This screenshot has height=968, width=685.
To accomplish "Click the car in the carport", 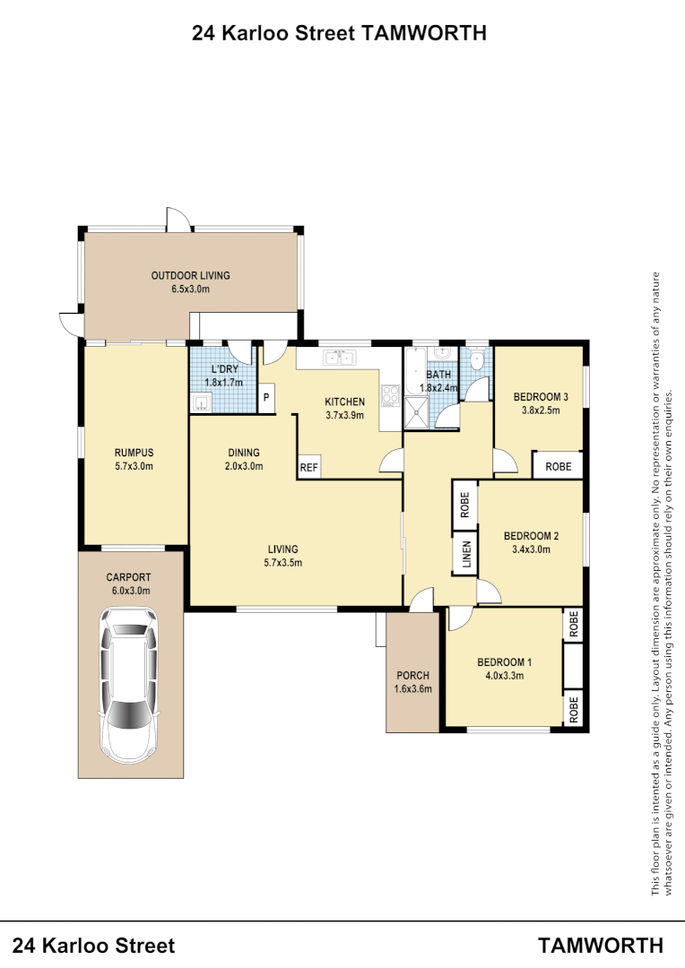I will pos(129,681).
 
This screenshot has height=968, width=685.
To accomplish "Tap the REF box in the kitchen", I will pos(308,467).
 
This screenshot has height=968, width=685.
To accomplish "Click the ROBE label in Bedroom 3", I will pos(558,467).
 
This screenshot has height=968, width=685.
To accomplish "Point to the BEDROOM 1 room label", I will pos(503,662).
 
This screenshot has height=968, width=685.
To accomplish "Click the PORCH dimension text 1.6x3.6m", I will pos(412,689).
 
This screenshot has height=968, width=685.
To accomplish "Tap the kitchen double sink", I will pos(339,359).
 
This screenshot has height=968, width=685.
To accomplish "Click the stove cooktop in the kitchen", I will pos(390,395).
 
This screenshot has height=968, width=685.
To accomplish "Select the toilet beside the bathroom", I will pos(477,361).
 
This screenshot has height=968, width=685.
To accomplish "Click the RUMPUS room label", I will pos(134,453).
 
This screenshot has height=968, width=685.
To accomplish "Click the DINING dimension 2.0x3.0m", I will pos(243,466).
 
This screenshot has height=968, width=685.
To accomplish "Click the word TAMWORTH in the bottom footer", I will pos(601,945).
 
